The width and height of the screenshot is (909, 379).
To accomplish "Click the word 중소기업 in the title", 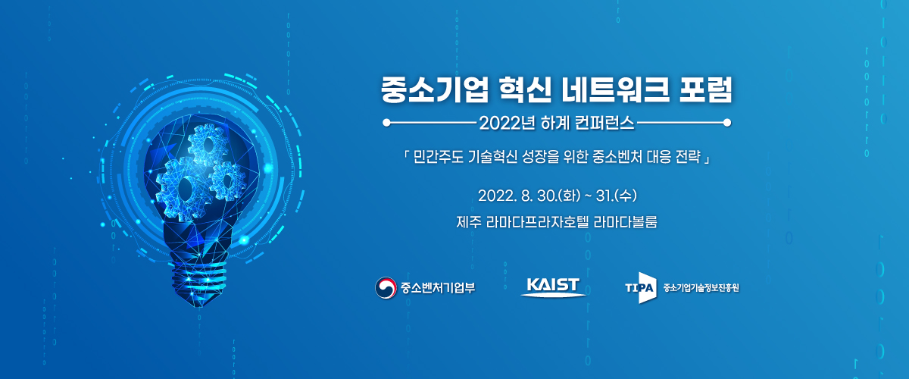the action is coord(434,89).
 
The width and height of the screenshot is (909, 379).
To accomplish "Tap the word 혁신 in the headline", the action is coord(524,89).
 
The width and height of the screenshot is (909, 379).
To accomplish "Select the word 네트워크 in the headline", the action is coord(614,89).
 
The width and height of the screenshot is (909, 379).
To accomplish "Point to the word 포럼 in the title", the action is coord(706,89).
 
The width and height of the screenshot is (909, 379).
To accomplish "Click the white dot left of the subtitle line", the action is coord(386,123).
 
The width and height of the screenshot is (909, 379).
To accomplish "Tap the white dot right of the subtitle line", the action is coord(727,123).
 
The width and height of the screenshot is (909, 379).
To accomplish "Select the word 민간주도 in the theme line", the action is coord(439,157).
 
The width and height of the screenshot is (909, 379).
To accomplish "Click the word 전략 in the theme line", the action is coord(689,157).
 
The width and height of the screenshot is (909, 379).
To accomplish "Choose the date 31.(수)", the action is coord(617,196).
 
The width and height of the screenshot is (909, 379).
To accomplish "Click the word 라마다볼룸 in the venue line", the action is coord(626,222).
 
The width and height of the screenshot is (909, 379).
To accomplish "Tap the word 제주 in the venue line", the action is coord(469,222).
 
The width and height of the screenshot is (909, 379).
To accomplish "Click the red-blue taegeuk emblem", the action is coord(386,288).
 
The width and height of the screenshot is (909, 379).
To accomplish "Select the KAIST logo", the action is coord(553,287).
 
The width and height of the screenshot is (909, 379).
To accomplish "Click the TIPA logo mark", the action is coord(641,288).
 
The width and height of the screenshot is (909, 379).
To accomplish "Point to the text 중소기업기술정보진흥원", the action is coord(701,288).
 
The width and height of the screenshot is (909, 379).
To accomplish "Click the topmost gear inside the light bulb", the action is coord(208,145).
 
